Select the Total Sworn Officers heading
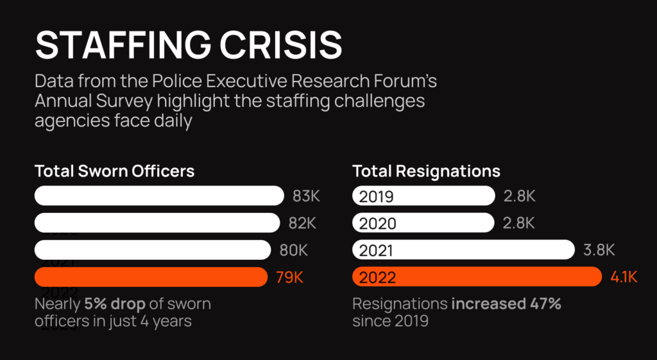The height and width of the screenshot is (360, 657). [115, 171]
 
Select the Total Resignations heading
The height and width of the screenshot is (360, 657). [427, 171]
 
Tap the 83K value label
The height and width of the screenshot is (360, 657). [305, 196]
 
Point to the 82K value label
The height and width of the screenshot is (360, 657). [302, 223]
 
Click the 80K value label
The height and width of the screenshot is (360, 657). [293, 250]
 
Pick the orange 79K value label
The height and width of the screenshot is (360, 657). [289, 277]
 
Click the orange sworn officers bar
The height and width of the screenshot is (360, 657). [151, 277]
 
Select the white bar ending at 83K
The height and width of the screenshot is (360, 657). [159, 196]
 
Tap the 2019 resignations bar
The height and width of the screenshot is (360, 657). [423, 196]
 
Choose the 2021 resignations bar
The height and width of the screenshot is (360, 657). [463, 250]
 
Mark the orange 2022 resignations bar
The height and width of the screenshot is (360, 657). [477, 277]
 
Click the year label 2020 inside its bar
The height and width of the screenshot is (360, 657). [378, 223]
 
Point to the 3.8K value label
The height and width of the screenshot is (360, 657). [599, 250]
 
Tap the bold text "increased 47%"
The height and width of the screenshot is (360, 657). [506, 304]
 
